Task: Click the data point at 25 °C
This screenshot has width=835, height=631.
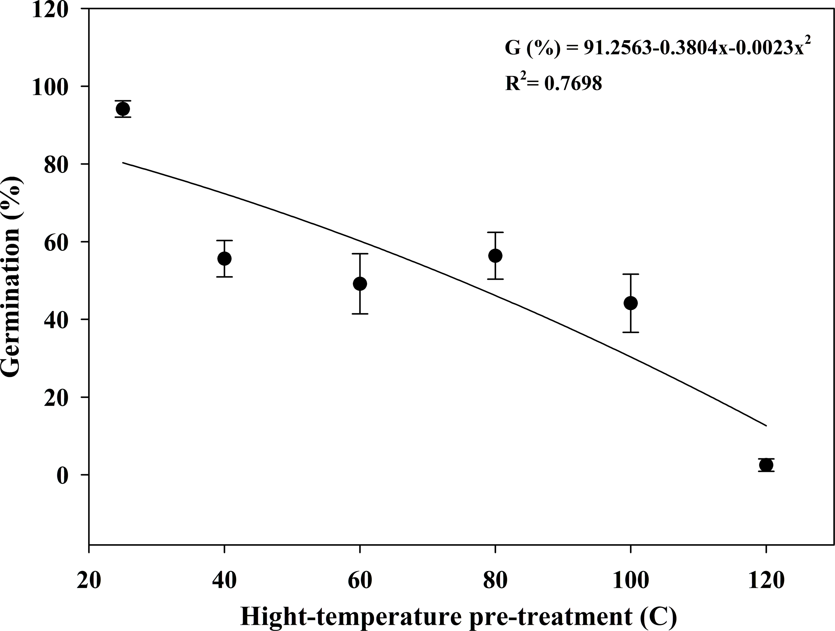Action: [x=123, y=109]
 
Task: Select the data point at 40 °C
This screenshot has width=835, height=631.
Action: [x=225, y=259]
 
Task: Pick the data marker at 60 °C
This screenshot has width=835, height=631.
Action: [x=360, y=284]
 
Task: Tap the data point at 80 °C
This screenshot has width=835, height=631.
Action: [x=495, y=256]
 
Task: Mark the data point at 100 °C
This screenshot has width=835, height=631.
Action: [x=631, y=303]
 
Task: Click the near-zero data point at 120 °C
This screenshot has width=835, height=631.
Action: [x=766, y=465]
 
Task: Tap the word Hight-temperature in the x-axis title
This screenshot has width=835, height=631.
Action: [x=351, y=616]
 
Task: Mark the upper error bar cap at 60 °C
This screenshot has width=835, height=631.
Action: [x=360, y=254]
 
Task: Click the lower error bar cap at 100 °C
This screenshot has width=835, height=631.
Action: [x=631, y=332]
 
